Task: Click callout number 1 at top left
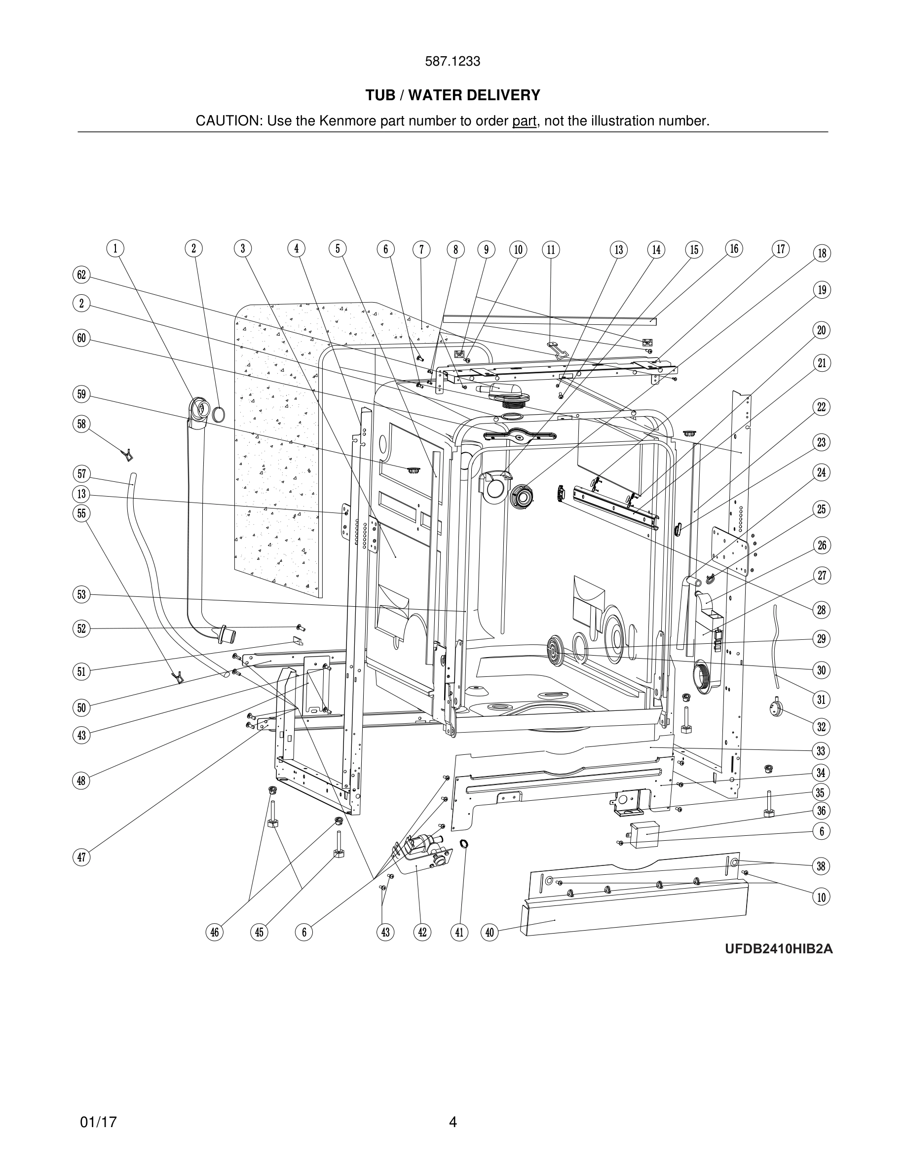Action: pos(115,249)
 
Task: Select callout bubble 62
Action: pos(81,275)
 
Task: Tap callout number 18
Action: pos(822,253)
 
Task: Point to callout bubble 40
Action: pos(490,933)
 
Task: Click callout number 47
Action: pos(81,857)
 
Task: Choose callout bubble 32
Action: pos(821,727)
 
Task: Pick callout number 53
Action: pos(81,594)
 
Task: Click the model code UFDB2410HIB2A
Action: pos(779,964)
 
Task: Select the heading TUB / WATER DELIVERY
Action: pos(453,95)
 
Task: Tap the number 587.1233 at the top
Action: pos(453,61)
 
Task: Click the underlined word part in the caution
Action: pos(524,121)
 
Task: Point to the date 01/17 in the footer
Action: pos(98,1122)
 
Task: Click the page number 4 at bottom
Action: pos(453,1122)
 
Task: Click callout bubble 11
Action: pos(551,250)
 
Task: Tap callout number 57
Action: pos(81,474)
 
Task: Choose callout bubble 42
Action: pos(422,933)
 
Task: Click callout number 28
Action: pos(821,610)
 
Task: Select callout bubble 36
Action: pos(821,811)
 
